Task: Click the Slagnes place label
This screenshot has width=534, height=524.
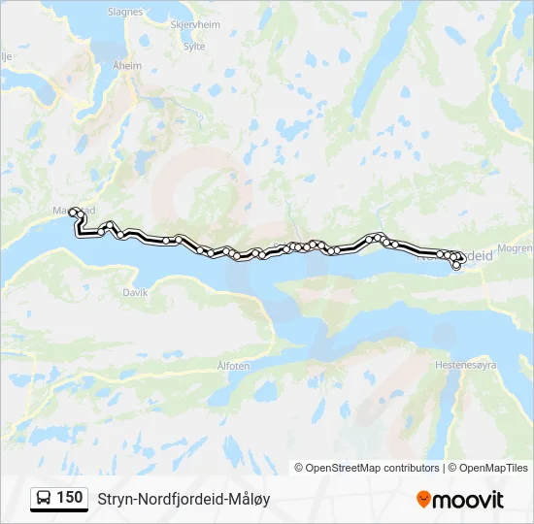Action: coord(125,13)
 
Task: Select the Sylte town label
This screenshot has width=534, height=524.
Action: coord(194,46)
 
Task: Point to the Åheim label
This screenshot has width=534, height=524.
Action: coord(127,65)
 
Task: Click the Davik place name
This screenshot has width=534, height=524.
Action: coord(134,291)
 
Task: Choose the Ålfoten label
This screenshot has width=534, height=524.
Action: coord(234,366)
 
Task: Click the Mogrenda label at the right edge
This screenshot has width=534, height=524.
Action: coord(514,249)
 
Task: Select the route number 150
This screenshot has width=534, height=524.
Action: coord(70,498)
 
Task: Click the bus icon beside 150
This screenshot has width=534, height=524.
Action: coord(45,499)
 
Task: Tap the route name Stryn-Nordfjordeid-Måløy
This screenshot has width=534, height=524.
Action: coord(184,499)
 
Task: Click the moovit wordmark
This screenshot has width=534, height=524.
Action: coord(468,500)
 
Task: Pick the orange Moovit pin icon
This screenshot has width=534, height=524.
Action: coord(423,500)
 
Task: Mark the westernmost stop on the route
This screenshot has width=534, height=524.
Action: coord(73,211)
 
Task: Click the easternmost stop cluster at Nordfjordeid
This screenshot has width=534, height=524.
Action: coord(456,257)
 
